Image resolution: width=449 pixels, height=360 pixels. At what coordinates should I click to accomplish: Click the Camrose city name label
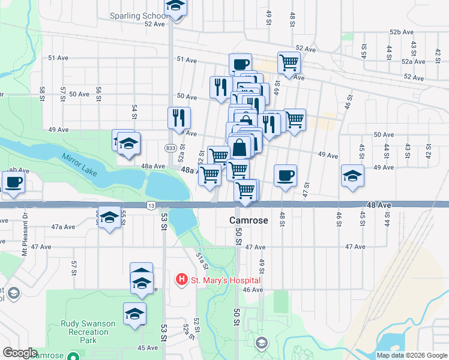tap(249, 220)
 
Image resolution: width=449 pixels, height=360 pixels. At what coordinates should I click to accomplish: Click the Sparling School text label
tap(138, 16)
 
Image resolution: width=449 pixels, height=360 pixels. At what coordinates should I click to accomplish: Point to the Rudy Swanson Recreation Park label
tap(88, 328)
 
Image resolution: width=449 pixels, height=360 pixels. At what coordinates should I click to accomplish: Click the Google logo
tap(20, 353)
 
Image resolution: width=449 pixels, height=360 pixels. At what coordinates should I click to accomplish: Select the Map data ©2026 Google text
tap(411, 355)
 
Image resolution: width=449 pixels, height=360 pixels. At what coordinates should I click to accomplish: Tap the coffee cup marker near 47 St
tap(285, 175)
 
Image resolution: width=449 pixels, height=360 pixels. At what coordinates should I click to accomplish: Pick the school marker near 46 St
tap(352, 175)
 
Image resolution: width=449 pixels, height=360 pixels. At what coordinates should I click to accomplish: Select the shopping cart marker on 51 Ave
tap(289, 62)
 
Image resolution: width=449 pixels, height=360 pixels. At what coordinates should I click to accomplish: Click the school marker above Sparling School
tap(175, 7)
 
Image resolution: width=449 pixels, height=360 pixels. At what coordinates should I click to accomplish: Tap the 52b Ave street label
tap(402, 32)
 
